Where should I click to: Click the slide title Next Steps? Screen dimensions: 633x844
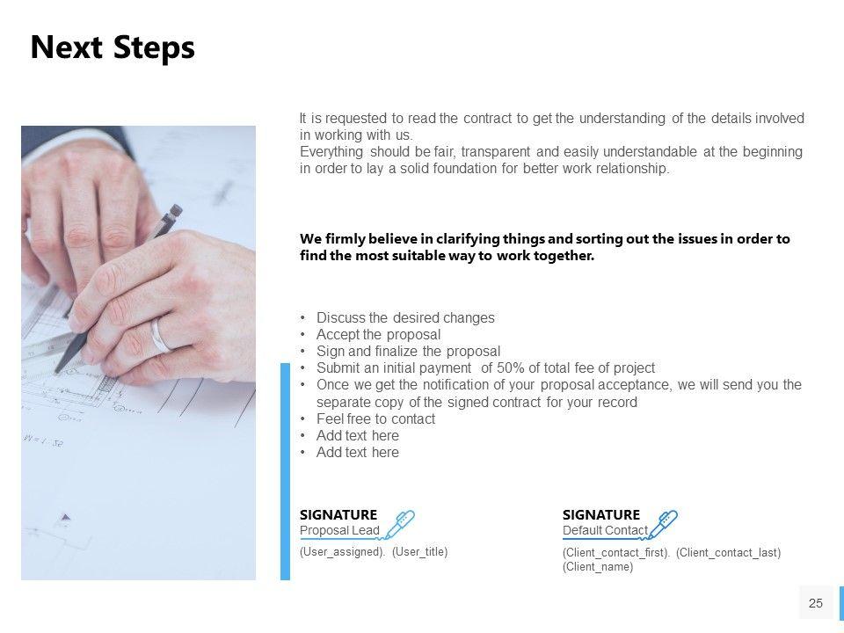coord(113,47)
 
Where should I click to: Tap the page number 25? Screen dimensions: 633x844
coord(815,603)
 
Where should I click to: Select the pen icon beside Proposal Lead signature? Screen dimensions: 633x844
coord(400,524)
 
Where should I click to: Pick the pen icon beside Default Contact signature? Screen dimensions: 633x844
coord(663,524)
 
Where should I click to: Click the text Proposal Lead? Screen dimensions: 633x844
coord(339,530)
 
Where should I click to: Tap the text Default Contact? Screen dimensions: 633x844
coord(605,530)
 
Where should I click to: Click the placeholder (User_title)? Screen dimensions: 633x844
coord(419,551)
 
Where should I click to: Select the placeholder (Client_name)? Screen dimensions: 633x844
coord(598,567)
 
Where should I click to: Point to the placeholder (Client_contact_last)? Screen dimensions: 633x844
coord(728,552)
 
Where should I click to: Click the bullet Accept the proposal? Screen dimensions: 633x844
coord(378,335)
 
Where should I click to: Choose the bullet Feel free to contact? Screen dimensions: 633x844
coord(375,419)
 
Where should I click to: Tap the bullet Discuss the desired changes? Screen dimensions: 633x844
coord(405,318)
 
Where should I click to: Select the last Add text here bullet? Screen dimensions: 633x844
coord(357,453)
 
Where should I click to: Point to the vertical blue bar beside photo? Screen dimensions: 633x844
coord(285,470)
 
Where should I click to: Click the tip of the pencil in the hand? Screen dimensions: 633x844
coord(58,368)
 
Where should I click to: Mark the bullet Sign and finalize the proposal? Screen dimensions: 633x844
coord(408,352)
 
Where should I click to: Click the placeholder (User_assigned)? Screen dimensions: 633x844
coord(342,551)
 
